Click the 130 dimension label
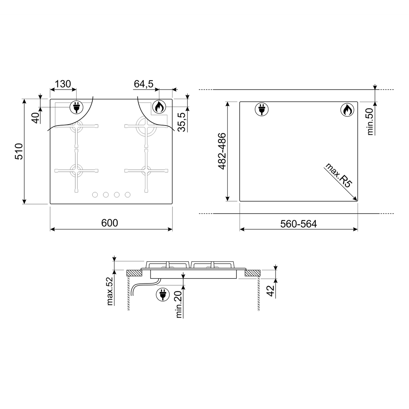(63, 84)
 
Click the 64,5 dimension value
(143, 84)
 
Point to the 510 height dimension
(19, 151)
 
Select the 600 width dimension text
(109, 223)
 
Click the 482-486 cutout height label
(222, 151)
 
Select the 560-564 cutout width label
(299, 224)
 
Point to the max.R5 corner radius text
(339, 175)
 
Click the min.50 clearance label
(370, 121)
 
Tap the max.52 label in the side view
(110, 291)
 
